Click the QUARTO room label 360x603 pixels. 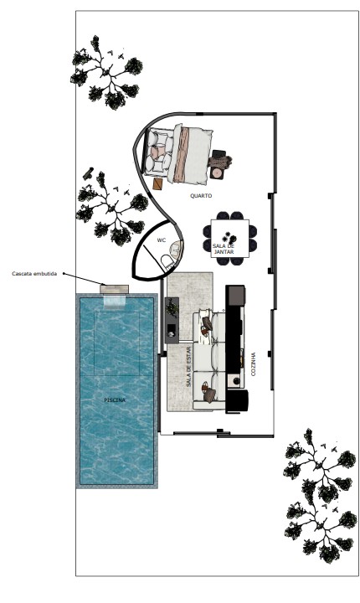[x=201, y=196]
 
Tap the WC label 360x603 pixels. [x=161, y=240]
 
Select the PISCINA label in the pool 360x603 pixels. [x=115, y=400]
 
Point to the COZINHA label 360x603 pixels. [x=253, y=364]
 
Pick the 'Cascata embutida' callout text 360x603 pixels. [x=34, y=274]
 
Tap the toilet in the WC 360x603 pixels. [x=167, y=262]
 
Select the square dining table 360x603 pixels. [x=230, y=239]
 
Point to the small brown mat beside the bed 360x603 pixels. [x=157, y=183]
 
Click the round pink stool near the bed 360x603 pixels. [x=217, y=173]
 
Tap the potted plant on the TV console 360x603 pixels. [x=172, y=307]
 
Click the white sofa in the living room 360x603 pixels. [x=208, y=358]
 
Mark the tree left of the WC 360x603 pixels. [x=111, y=209]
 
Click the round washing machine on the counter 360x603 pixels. [x=236, y=381]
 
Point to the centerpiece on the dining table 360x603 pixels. [x=229, y=237]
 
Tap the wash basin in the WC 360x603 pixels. [x=176, y=249]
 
